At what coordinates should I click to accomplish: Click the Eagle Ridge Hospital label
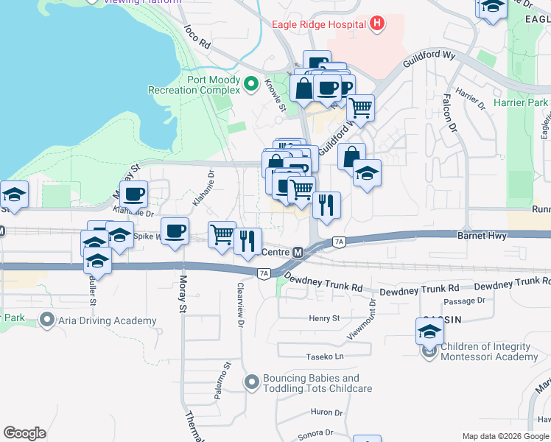tap(319, 24)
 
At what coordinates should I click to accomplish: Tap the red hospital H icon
tap(378, 24)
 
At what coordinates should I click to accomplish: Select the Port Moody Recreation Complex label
tap(194, 85)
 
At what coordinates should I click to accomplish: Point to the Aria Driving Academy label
tap(108, 320)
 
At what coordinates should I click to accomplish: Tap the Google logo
tap(24, 433)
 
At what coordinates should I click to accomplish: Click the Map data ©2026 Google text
tap(505, 436)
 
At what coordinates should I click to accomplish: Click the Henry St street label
tap(324, 318)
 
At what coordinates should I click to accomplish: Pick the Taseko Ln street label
tap(325, 357)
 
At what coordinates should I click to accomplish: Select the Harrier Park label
tap(522, 102)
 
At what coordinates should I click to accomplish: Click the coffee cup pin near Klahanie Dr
tap(133, 194)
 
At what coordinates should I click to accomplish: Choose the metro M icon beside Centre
tap(298, 253)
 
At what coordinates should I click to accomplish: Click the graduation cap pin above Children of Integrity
tap(429, 331)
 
